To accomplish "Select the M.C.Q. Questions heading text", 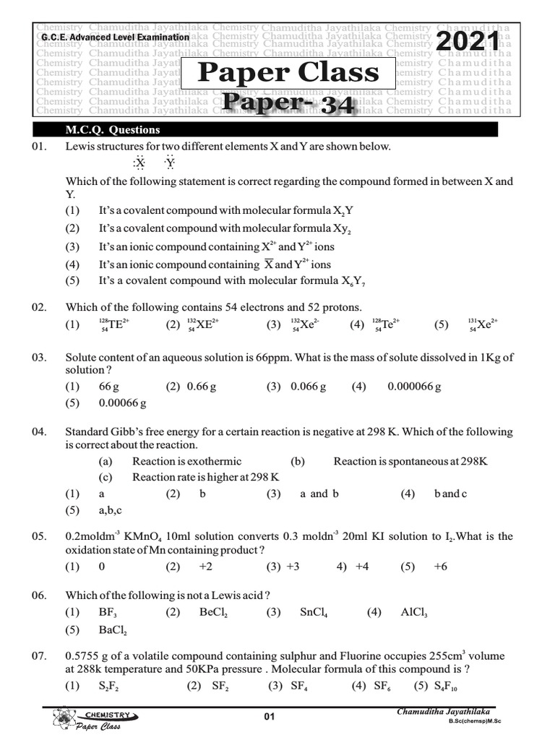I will pos(112,130).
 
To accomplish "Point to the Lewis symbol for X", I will pos(139,163).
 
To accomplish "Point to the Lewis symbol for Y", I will pos(169,163).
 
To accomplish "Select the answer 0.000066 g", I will pos(414,387).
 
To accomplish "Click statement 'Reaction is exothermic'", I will pos(187,461).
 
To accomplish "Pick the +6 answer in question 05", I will pos(440,567).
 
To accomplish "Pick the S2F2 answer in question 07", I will pos(109,687).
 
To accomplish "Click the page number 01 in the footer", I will pos(270,717).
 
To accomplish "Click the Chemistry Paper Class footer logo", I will pos(94,720).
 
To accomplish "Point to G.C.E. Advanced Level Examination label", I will pos(116,36).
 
